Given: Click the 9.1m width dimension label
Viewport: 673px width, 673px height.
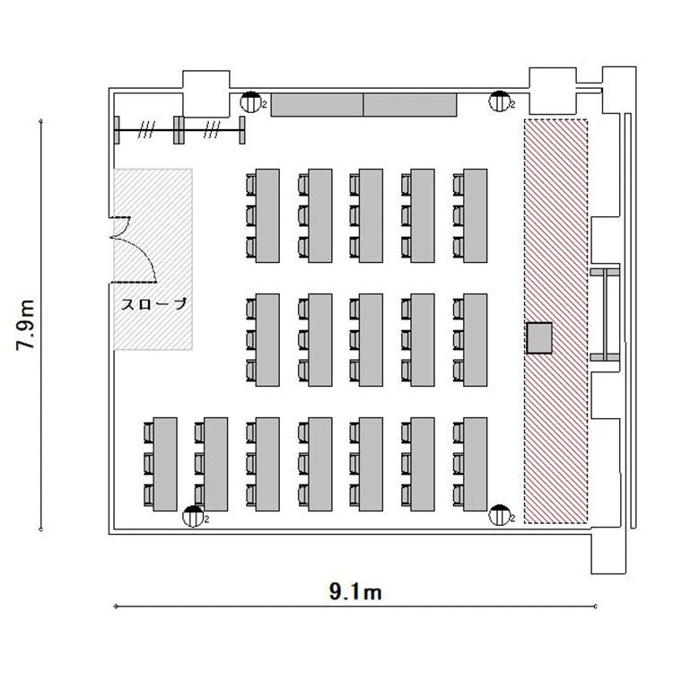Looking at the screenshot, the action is pos(355,592).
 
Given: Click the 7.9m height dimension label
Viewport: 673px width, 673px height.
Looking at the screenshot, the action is pos(25,325).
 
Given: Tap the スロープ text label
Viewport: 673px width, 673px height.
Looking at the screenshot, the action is pos(154,304).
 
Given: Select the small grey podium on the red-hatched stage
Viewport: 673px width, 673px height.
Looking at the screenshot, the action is pos(539,338).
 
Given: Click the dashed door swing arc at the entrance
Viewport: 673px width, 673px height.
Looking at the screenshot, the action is pos(141,252).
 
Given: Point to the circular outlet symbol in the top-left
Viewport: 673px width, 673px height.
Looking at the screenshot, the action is pos(251,102).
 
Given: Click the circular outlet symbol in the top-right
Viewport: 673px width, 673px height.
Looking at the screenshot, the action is pos(500,101).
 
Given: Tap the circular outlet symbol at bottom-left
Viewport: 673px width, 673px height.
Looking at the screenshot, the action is pos(194,516).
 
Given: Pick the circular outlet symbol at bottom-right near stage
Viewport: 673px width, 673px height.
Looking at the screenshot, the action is pos(500,515).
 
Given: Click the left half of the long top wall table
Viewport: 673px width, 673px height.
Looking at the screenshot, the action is pos(318,105).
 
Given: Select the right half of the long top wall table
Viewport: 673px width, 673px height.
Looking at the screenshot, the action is pos(410,105).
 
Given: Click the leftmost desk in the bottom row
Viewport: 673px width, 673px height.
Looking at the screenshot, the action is pos(165,464).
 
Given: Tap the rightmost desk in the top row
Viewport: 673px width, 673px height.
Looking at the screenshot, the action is pos(476,215).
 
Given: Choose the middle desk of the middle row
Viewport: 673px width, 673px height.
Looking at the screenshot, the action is pos(371,340).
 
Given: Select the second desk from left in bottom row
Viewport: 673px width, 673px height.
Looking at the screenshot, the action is pos(216,464).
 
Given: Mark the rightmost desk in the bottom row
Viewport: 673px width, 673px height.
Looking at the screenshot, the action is pos(476,464).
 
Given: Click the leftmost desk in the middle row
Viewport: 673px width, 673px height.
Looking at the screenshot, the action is pos(267,340).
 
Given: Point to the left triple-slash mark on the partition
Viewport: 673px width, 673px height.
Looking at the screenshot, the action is pos(146,129).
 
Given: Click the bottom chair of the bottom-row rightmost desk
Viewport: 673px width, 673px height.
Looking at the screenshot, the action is pos(459,495).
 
